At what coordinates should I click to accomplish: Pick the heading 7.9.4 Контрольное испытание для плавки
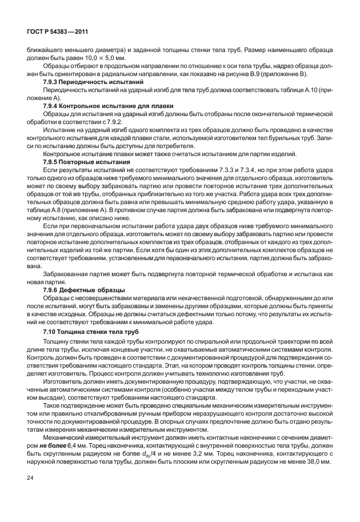pyautogui.click(x=109, y=106)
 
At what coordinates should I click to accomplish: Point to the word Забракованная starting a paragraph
pyautogui.click(x=68, y=274)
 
